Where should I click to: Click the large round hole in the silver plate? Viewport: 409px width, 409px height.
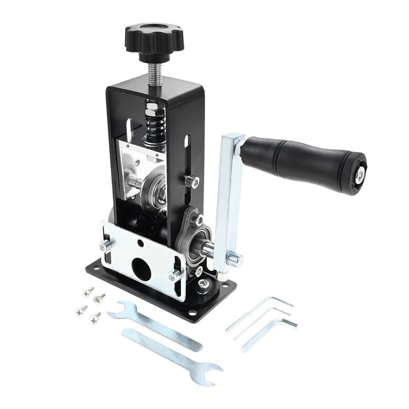coord(142,270)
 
